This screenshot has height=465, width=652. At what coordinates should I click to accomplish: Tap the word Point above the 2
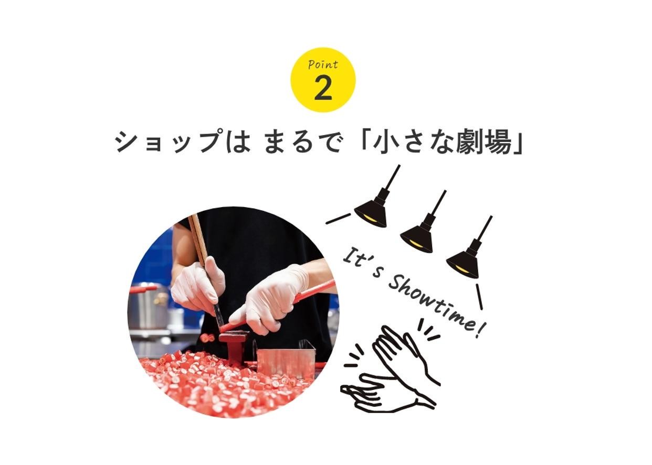pyautogui.click(x=323, y=64)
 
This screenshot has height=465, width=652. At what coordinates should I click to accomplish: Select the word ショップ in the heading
pyautogui.click(x=167, y=142)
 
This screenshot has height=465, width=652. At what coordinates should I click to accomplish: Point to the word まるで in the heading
pyautogui.click(x=302, y=142)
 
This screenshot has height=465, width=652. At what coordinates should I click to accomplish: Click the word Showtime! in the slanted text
pyautogui.click(x=437, y=308)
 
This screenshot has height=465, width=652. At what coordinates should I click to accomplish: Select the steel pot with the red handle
pyautogui.click(x=149, y=308)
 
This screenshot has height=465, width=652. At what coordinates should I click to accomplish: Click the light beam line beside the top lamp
pyautogui.click(x=338, y=219)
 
